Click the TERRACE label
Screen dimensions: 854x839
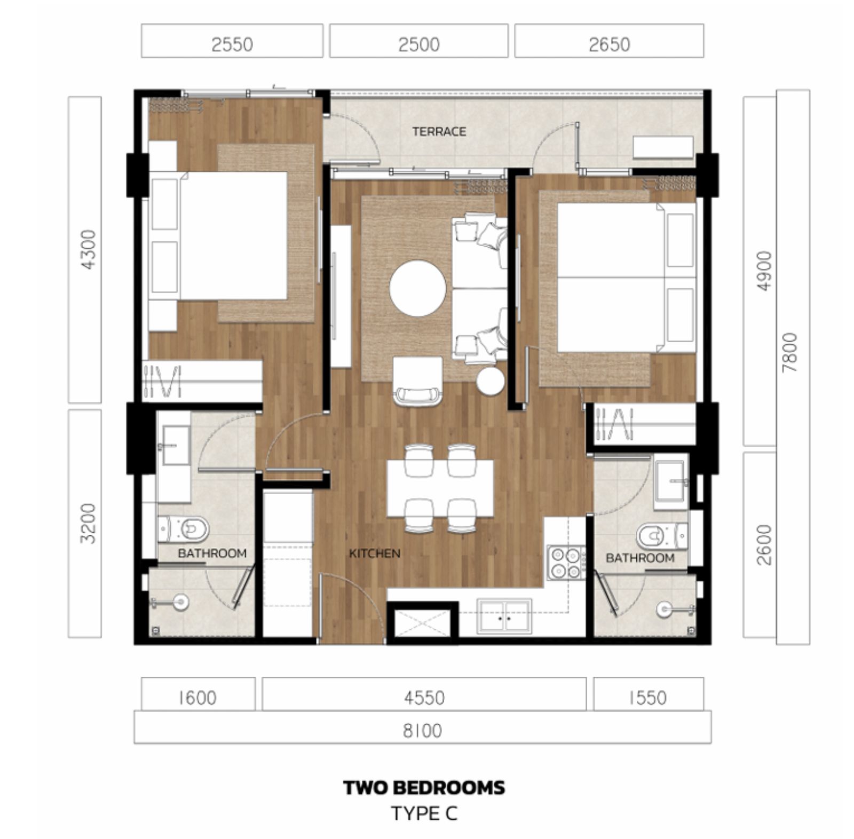click(439, 131)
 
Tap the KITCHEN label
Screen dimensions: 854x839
click(375, 553)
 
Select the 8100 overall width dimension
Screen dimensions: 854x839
click(422, 730)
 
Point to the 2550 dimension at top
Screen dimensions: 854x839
click(232, 44)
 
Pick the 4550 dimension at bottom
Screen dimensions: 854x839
click(424, 698)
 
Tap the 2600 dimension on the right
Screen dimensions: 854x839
click(764, 544)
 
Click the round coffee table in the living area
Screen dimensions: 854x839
click(417, 288)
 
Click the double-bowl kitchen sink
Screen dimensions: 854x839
click(504, 616)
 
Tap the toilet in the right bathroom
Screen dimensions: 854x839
click(662, 536)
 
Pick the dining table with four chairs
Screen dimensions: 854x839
click(440, 488)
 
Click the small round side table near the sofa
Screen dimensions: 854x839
click(491, 381)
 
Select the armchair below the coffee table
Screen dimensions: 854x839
click(417, 381)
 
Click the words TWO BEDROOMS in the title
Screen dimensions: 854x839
click(424, 788)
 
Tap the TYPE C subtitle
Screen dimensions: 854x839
click(424, 814)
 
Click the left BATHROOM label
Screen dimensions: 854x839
click(212, 553)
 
